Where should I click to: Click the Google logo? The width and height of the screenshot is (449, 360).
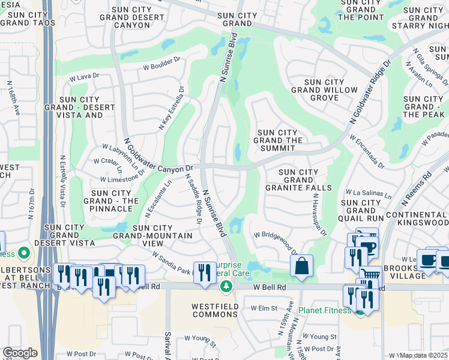pyautogui.click(x=20, y=353)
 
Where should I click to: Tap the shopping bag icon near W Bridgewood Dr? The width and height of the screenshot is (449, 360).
pyautogui.click(x=302, y=266)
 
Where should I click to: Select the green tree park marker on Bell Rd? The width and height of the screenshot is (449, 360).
pyautogui.click(x=226, y=286)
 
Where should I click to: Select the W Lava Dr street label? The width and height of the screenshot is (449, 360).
pyautogui.click(x=84, y=77)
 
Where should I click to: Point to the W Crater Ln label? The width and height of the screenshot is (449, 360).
pyautogui.click(x=109, y=161)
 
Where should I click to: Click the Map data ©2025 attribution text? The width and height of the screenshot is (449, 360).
pyautogui.click(x=423, y=355)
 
